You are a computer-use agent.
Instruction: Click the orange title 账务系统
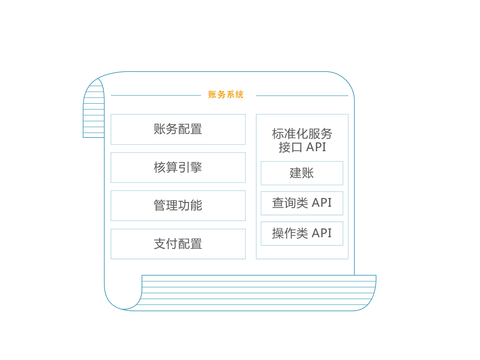point(226,94)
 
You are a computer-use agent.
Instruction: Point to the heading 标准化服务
point(302,134)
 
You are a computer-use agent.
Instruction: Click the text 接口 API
point(302,147)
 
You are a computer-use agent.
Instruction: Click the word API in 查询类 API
point(322,203)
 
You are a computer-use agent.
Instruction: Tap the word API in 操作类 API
point(322,233)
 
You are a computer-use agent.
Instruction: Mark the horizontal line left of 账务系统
point(156,95)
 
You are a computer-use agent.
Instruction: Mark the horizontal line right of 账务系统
point(302,96)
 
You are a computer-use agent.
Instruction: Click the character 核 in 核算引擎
point(160,168)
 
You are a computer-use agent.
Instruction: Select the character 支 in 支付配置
point(160,244)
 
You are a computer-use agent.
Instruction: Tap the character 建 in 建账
point(296,173)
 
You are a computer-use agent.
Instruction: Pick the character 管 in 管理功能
point(160,206)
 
